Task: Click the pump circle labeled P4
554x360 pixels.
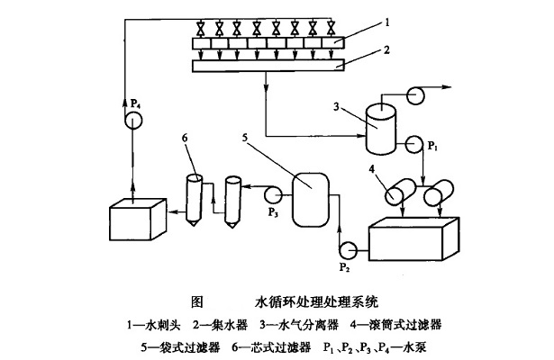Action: click(133, 122)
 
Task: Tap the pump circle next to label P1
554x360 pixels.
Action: click(416, 142)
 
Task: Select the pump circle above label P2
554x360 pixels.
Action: click(346, 244)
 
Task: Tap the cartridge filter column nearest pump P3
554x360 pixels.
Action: click(232, 200)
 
